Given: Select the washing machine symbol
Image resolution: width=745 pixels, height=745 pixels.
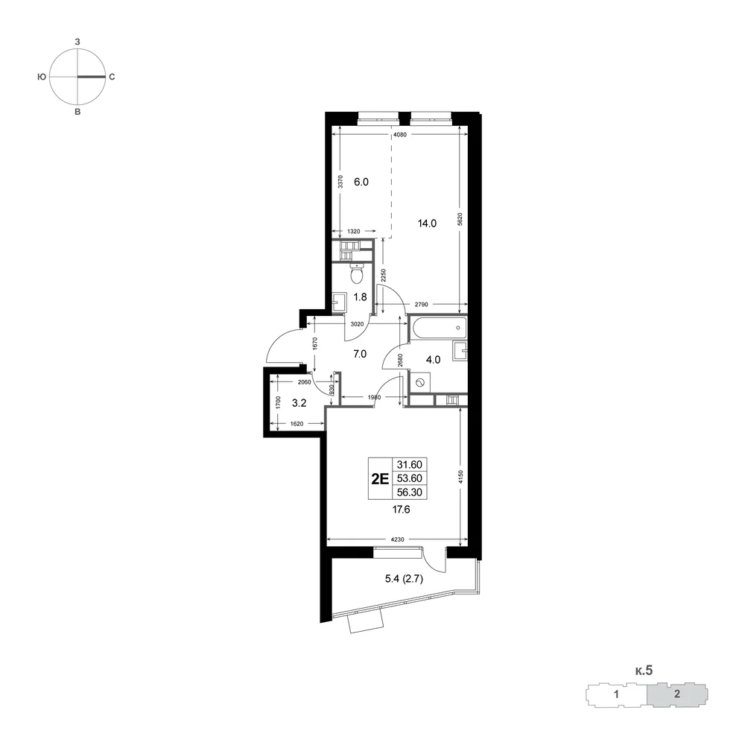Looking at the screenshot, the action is click(x=420, y=382).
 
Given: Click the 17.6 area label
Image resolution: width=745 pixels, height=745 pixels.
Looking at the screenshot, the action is click(x=401, y=510).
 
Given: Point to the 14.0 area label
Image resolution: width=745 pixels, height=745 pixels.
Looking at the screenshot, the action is click(x=427, y=223).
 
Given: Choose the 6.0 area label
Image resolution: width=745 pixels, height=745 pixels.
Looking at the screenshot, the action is click(x=361, y=182).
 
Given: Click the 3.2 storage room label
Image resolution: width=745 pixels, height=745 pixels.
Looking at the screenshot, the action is click(x=299, y=403).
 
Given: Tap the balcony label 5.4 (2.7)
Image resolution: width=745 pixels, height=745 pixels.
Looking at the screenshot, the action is click(x=404, y=579).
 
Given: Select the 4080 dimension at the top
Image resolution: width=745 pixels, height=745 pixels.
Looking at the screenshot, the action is click(x=400, y=134).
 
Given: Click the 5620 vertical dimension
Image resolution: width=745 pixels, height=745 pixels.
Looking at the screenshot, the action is click(x=460, y=219).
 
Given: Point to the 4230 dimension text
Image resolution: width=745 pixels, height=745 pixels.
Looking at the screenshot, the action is click(x=398, y=539).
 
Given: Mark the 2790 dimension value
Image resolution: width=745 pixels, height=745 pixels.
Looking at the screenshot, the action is click(x=421, y=305).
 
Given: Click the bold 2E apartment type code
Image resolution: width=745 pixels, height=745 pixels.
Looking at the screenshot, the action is click(x=380, y=478).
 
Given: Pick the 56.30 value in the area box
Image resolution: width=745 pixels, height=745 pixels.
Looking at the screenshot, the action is click(x=410, y=492).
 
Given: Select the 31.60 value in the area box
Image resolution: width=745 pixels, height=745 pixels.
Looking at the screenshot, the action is click(x=410, y=464).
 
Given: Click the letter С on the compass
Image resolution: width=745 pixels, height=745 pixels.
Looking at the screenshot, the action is click(x=112, y=77).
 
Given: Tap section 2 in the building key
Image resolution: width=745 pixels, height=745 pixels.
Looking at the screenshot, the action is click(x=677, y=694).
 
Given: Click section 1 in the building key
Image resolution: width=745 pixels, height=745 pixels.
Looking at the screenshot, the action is click(x=616, y=694).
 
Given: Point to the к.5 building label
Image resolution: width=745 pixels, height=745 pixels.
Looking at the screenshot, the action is click(x=644, y=670).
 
